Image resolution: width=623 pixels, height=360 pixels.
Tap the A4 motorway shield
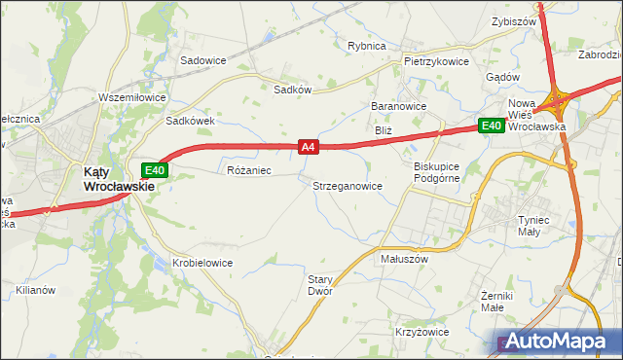tap(308, 147)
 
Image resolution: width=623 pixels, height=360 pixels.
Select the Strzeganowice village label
tap(347, 185)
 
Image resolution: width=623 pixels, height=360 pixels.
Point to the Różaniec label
tap(247, 170)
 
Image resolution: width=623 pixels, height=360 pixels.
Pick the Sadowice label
tap(202, 60)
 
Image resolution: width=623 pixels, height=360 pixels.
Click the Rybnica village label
tap(367, 46)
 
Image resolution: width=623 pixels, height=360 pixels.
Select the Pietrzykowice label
tap(436, 61)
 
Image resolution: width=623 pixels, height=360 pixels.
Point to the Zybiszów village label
tap(515, 20)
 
